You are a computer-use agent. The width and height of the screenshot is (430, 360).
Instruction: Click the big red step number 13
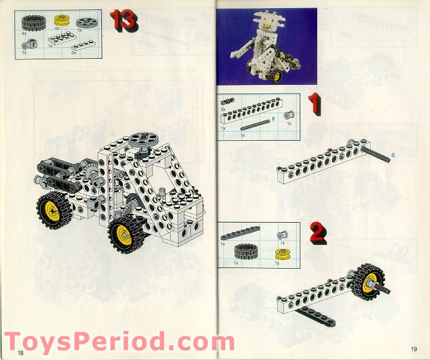click(x=124, y=20)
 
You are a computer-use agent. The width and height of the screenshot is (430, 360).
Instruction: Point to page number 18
click(x=20, y=352)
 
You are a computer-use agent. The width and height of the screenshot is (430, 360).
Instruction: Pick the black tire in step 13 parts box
click(x=28, y=23)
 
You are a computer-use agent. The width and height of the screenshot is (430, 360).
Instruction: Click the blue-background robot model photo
click(x=266, y=47)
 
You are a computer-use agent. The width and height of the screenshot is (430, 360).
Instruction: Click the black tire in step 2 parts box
click(x=244, y=252)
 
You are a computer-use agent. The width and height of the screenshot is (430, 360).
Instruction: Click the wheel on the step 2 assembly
click(x=368, y=281)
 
